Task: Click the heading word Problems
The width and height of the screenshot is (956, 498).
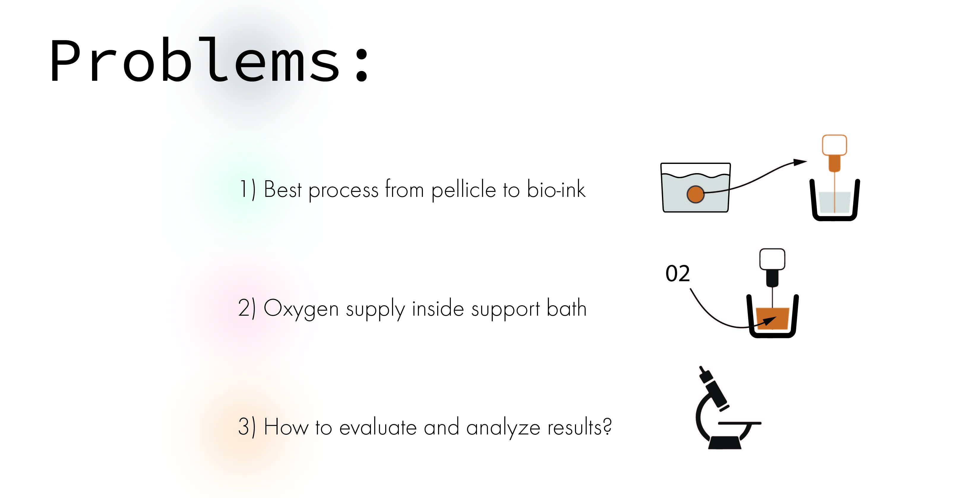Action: coord(210,59)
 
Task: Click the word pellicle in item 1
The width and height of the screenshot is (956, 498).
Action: coord(464,190)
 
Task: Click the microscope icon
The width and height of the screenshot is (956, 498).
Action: coord(728,407)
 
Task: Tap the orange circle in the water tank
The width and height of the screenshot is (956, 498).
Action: coord(696,195)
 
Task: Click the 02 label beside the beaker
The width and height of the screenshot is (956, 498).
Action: coord(678,274)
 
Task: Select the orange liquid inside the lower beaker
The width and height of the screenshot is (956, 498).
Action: coord(772,318)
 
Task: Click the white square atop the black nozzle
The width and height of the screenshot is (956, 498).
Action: coord(772,259)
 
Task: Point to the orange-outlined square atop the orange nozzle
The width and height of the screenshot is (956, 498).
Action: coord(834,145)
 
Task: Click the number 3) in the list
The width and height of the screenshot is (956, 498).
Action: coord(247,427)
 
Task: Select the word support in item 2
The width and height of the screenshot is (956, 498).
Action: coord(505,309)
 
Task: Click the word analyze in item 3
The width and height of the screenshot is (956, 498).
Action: coord(503,428)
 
